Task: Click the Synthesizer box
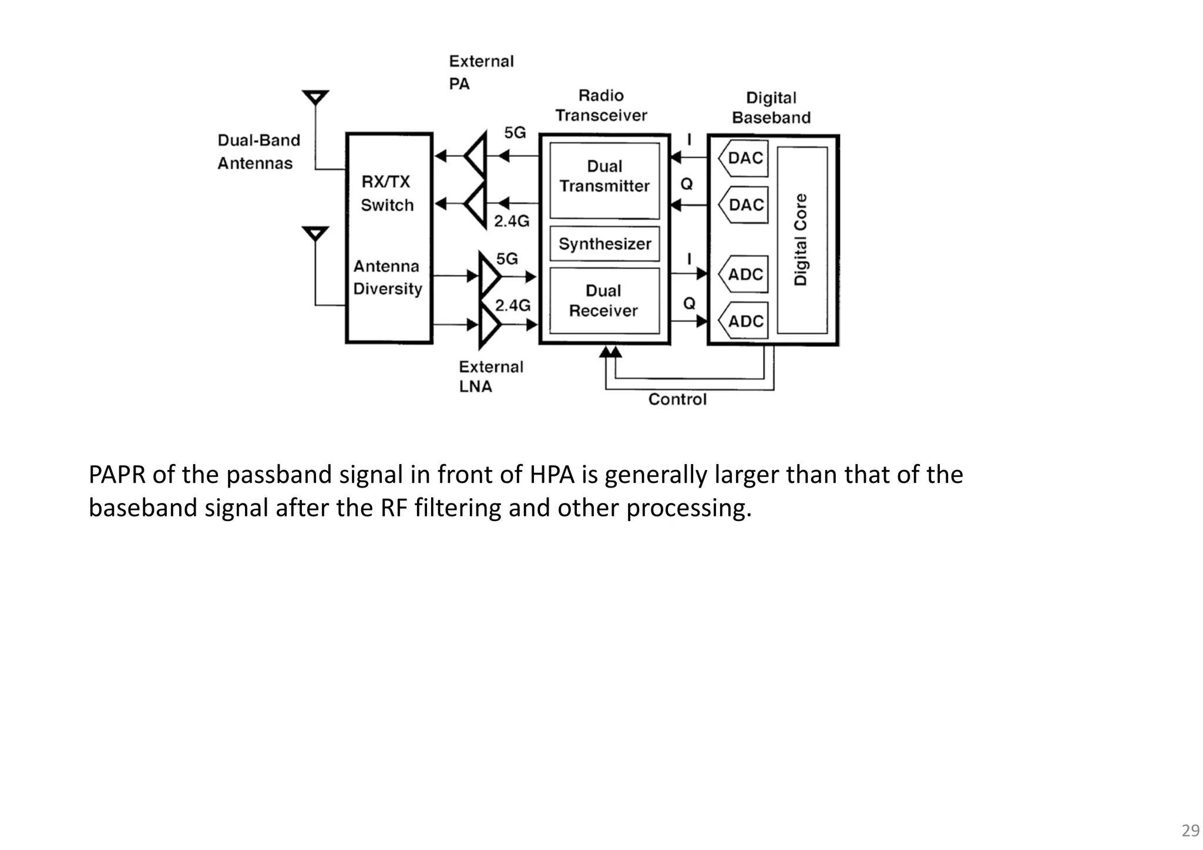click(x=604, y=244)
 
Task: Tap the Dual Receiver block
click(x=604, y=301)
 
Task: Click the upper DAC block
click(x=744, y=158)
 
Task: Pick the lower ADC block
click(x=744, y=321)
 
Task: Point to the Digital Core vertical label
click(x=801, y=240)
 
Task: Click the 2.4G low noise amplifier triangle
click(x=488, y=324)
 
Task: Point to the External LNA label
click(x=490, y=377)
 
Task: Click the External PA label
click(x=481, y=72)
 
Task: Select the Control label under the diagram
click(x=677, y=399)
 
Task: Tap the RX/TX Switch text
click(x=387, y=193)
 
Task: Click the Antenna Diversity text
click(x=387, y=277)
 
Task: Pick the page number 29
click(x=1190, y=831)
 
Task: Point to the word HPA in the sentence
click(x=552, y=475)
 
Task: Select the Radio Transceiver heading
click(x=601, y=105)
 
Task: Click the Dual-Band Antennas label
click(x=258, y=152)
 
